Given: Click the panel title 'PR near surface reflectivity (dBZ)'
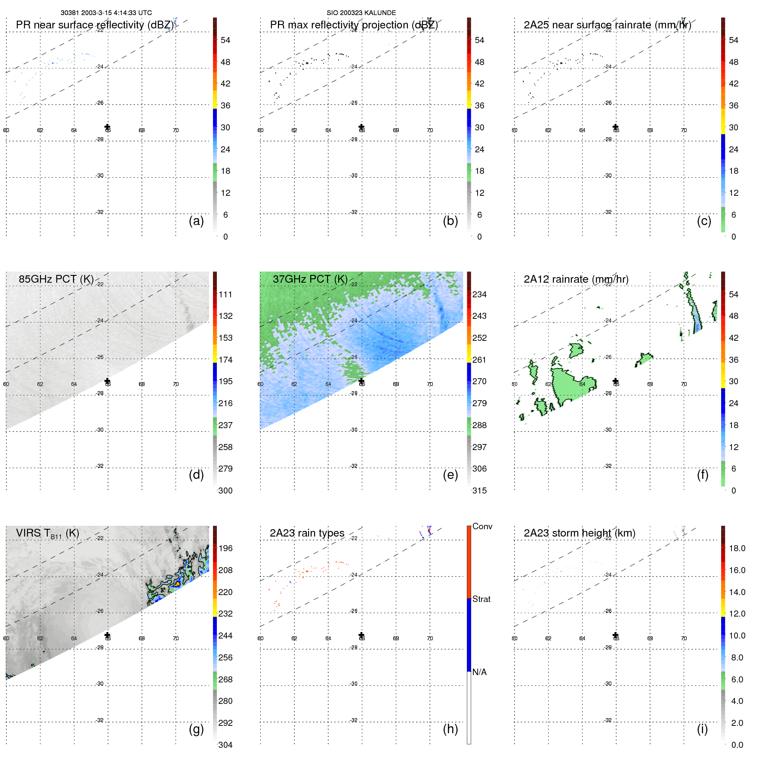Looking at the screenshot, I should pos(95,25).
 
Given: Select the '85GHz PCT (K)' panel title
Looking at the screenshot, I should pos(56,279).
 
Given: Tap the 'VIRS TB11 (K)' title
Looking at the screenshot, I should pos(47,534).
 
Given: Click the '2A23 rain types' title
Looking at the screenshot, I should pos(307,533).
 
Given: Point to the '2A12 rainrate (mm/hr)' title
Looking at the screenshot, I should pos(576,279).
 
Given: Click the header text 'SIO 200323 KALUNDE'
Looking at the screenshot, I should pos(361,13).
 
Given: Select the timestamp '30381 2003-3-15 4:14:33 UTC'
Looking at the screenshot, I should pos(106,13).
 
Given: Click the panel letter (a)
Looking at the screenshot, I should pos(196,221).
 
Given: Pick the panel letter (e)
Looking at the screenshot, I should pos(450,475).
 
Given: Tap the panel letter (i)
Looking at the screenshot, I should pos(702,729).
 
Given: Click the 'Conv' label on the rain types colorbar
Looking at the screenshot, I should pos(482,526).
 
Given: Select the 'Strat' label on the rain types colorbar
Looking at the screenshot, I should pos(481,599).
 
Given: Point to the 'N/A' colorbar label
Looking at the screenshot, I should pos(479,672).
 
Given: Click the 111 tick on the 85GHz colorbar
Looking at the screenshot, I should pos(225,294).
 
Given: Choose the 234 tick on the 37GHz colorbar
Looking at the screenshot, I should pos(479,294).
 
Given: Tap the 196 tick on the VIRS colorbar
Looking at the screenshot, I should pos(225,548).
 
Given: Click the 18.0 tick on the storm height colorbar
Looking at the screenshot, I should pos(737,548).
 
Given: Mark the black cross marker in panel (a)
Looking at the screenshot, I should pos(108,127).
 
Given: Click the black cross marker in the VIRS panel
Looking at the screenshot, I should pos(108,635).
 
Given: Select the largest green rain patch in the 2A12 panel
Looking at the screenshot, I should pos(568,385).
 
